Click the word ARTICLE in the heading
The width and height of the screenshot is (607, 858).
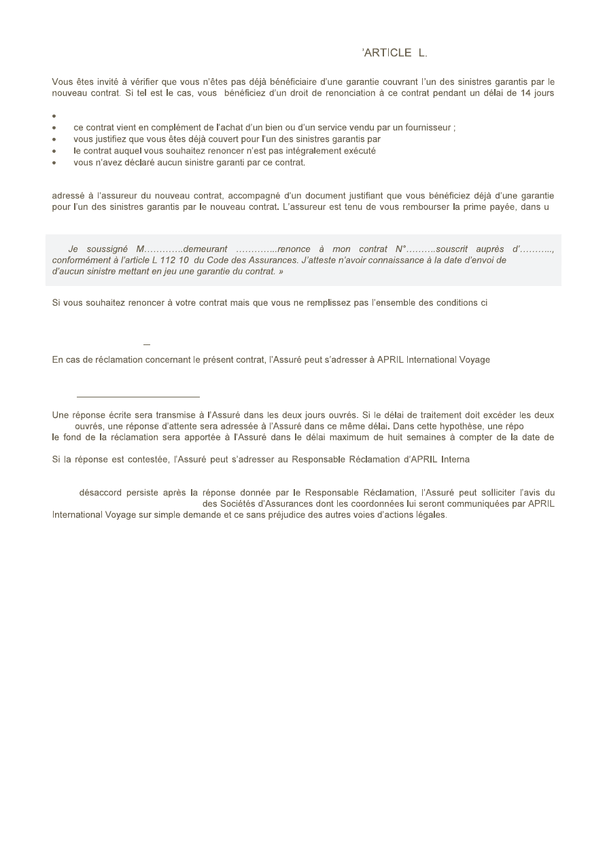(x=388, y=52)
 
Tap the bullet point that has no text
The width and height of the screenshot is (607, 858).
(x=54, y=116)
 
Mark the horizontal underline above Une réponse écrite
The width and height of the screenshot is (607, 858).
(x=138, y=395)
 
